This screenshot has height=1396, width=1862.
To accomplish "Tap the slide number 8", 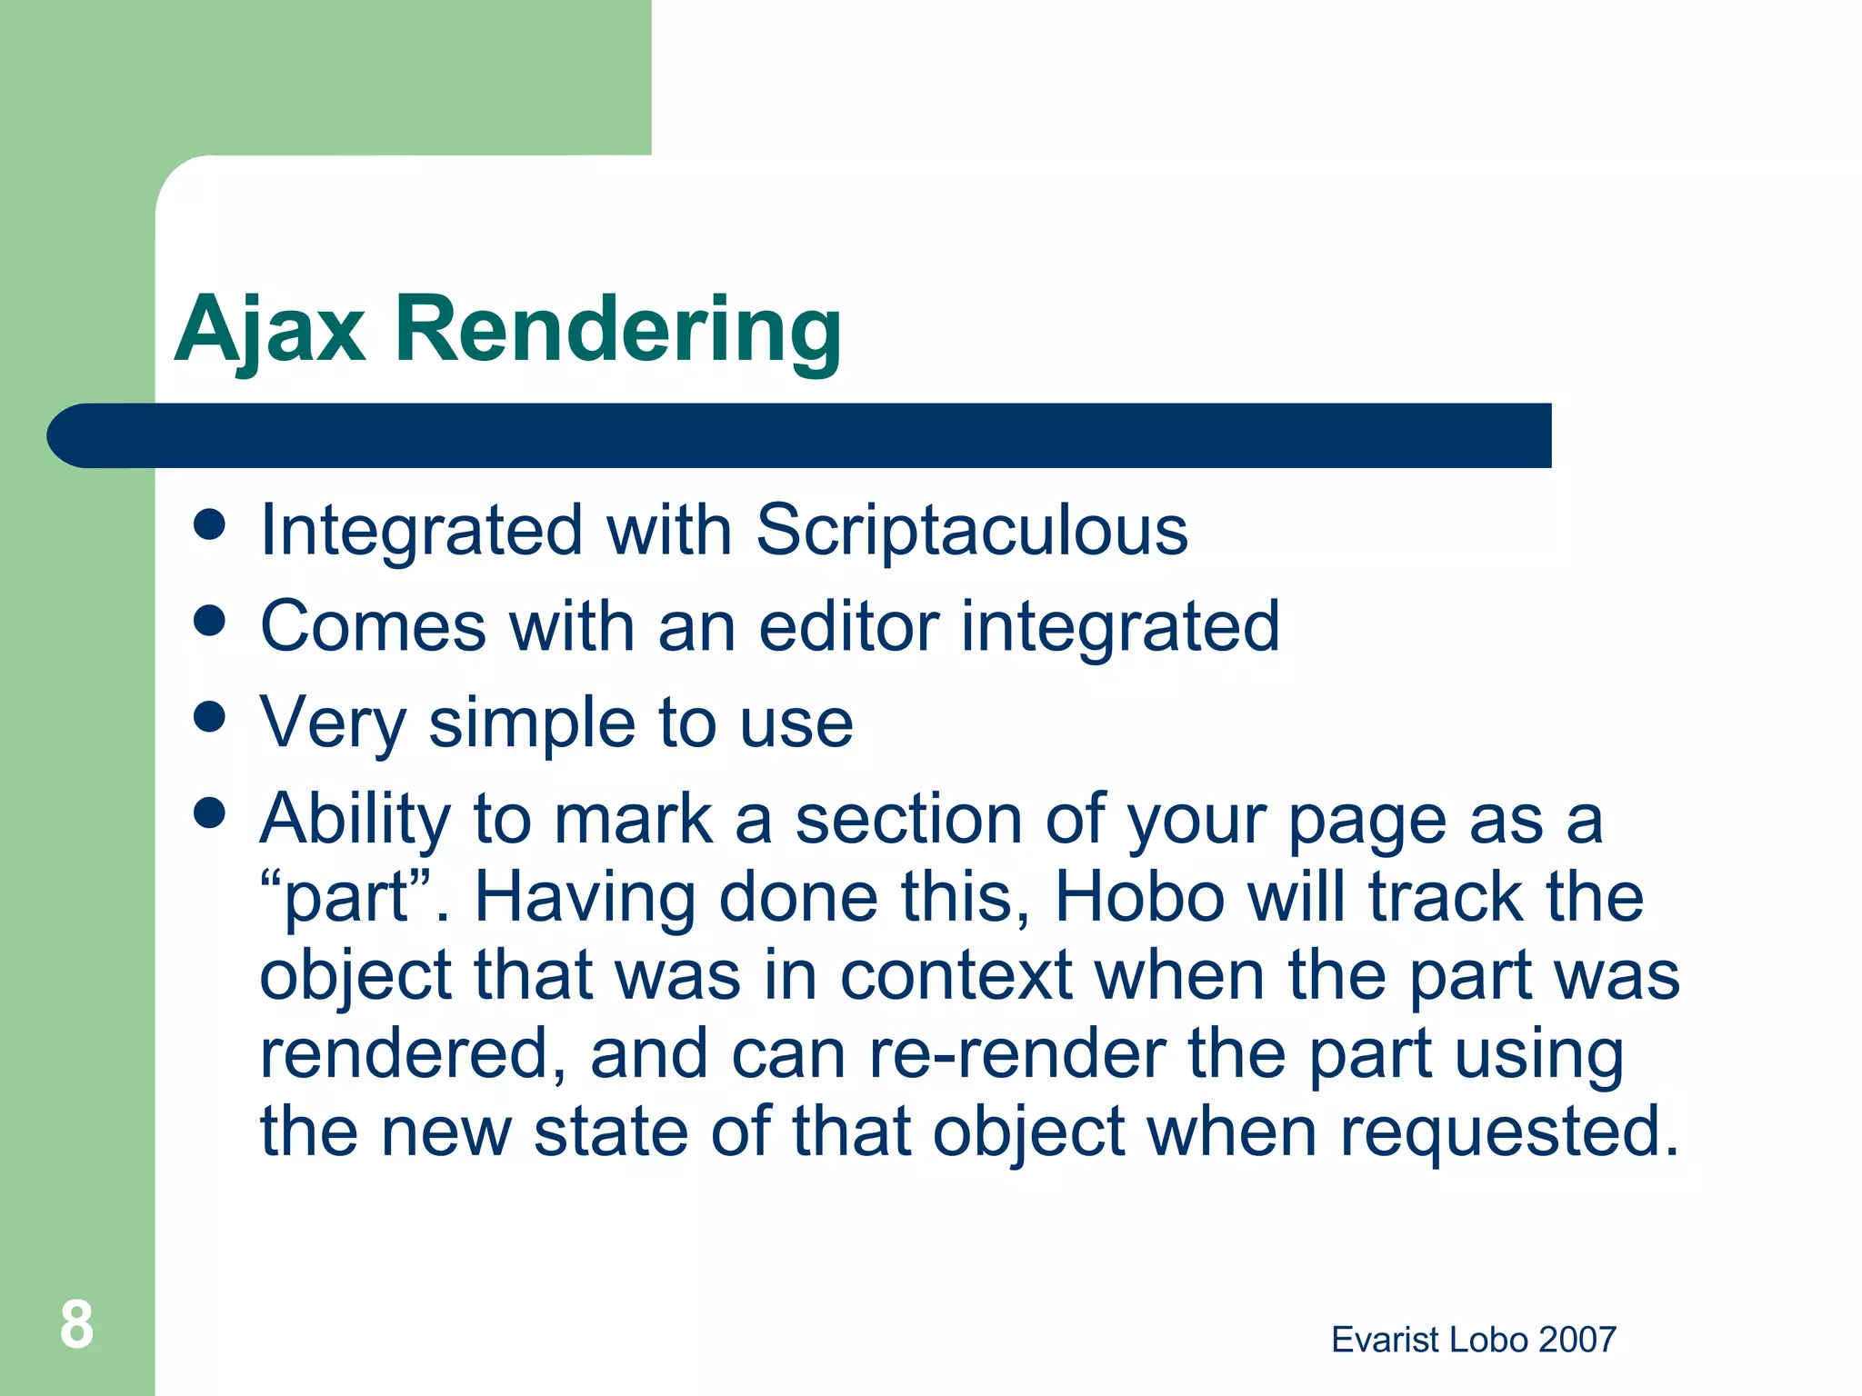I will [x=76, y=1324].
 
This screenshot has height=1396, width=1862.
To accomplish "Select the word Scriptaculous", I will [x=971, y=531].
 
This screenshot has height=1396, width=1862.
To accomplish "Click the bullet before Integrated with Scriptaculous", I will [x=210, y=524].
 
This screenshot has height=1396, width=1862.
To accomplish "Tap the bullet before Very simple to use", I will [x=210, y=717].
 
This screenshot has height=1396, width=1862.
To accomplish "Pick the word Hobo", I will [x=1139, y=898].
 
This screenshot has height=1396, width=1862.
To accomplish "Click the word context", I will [x=956, y=976].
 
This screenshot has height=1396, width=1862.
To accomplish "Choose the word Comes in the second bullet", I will [x=374, y=626].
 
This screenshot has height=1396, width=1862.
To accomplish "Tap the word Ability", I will [x=355, y=820].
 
